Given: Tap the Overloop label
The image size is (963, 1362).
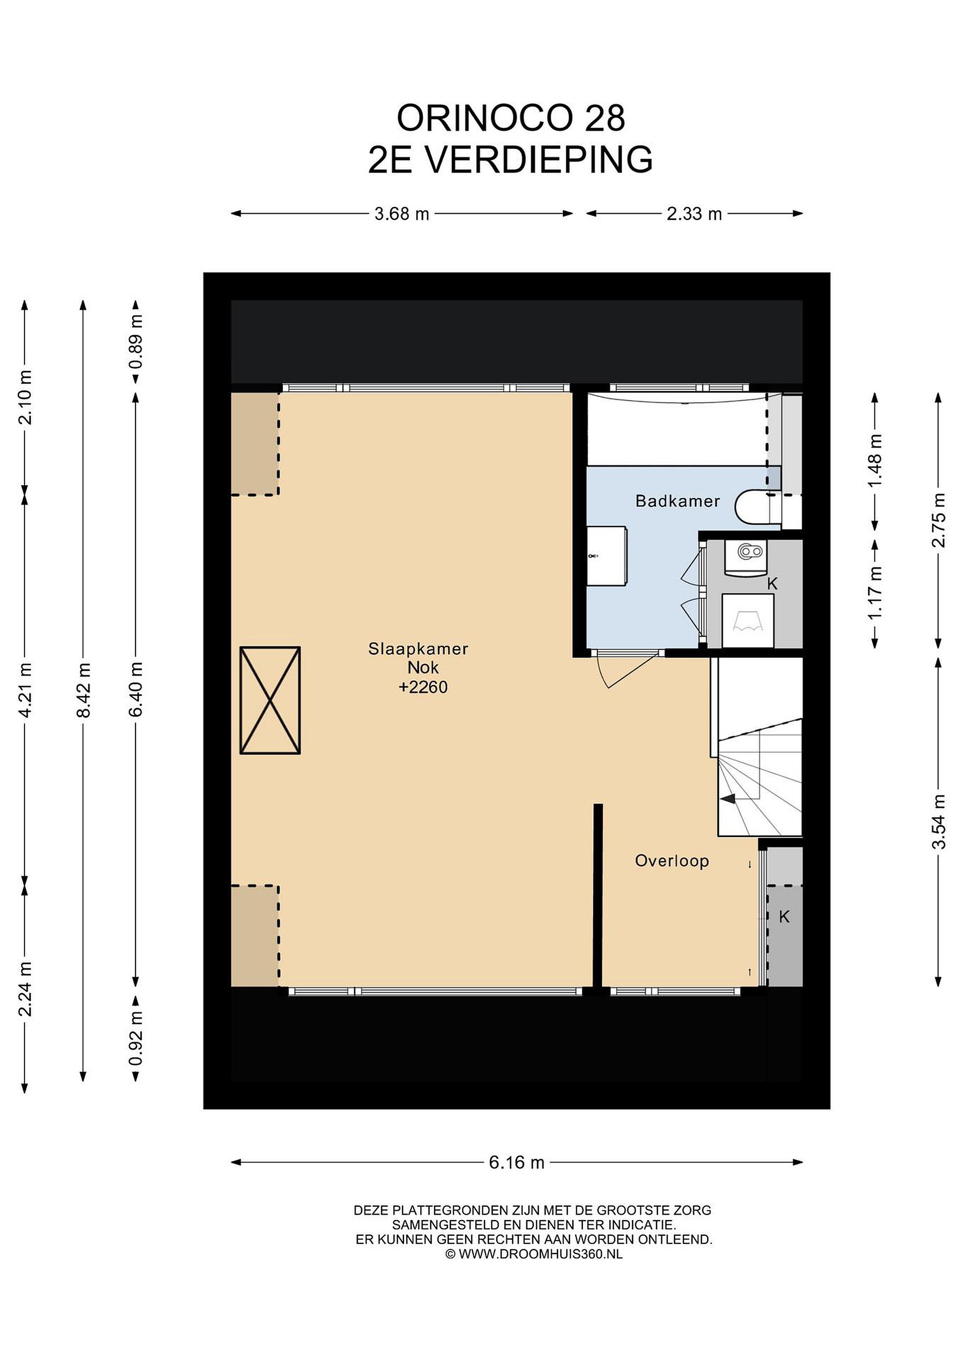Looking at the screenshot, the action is (x=672, y=861).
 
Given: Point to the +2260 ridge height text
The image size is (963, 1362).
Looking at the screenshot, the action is (x=423, y=687).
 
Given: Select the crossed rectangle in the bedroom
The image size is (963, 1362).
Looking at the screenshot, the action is (x=270, y=700).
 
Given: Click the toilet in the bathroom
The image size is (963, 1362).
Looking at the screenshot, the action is (x=758, y=507).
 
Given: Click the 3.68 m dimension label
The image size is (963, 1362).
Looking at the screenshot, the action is (x=401, y=214).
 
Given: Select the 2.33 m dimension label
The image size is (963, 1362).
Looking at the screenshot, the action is (x=694, y=214).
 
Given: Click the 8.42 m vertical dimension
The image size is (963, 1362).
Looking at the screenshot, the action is (x=84, y=690).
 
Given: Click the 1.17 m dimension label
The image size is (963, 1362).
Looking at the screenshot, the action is (x=875, y=593).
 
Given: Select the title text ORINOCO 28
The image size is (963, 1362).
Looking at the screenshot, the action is (x=511, y=118).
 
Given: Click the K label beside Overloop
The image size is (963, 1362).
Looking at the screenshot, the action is (x=784, y=917).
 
